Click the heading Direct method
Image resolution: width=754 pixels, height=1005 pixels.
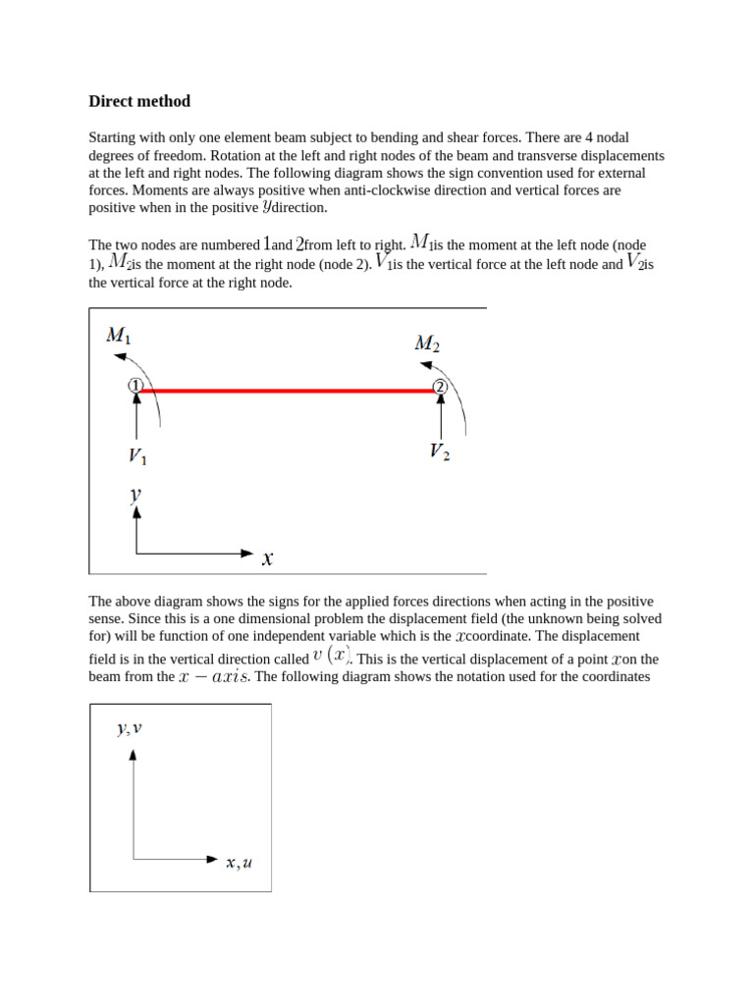click(139, 101)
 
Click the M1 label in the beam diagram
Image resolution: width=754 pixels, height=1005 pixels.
click(119, 336)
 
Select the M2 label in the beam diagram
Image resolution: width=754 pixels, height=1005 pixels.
click(427, 343)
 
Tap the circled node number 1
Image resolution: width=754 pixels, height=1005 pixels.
click(135, 386)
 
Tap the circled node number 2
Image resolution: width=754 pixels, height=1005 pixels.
click(441, 387)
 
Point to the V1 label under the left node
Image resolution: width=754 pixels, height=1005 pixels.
click(138, 456)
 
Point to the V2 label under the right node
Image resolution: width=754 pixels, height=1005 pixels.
click(440, 451)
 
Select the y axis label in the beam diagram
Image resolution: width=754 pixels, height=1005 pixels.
click(135, 496)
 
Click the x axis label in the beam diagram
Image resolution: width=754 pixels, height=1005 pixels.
click(267, 558)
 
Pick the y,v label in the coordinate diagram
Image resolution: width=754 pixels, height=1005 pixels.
click(130, 728)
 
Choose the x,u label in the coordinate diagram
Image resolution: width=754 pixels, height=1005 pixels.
click(239, 863)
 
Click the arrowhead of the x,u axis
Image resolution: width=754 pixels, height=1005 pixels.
click(212, 859)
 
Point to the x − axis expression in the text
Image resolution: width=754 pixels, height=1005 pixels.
click(214, 677)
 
